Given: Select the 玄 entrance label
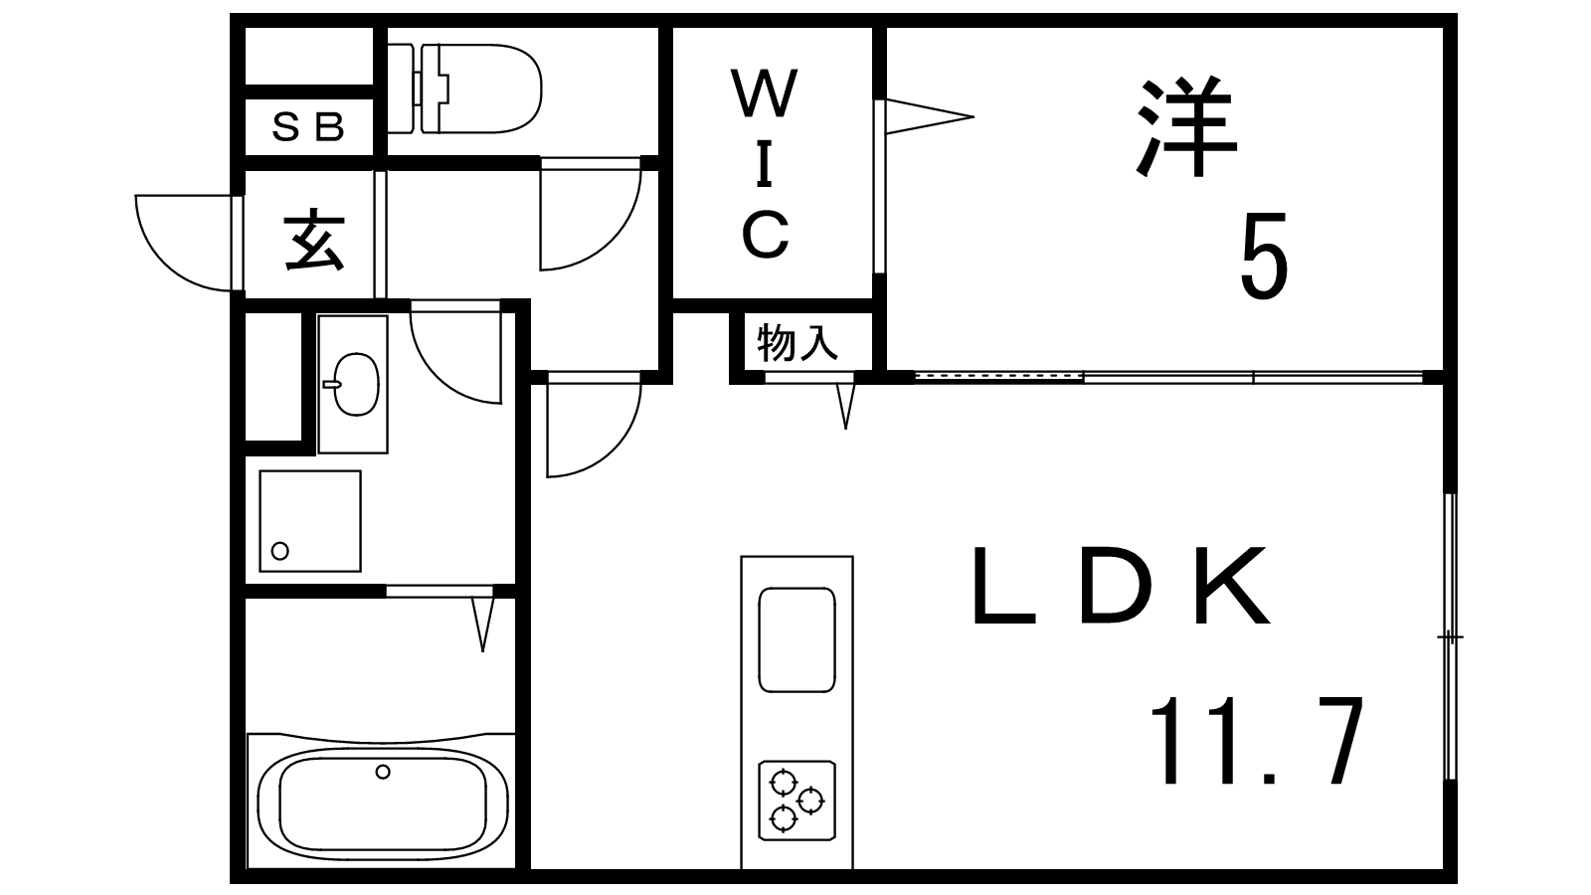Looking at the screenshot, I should click(313, 241).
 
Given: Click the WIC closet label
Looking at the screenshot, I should click(766, 164).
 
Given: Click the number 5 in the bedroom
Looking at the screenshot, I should click(1263, 257).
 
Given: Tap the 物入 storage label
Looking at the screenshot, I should click(797, 343).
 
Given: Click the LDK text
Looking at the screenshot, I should click(1121, 587).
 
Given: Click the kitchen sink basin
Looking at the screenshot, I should click(796, 638).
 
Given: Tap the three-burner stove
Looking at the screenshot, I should click(796, 799).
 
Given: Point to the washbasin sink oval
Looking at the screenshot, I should click(355, 384).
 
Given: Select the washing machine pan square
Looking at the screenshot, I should click(309, 521).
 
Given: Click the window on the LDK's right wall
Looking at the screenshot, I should click(1450, 636).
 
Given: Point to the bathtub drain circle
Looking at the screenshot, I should click(383, 771).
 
